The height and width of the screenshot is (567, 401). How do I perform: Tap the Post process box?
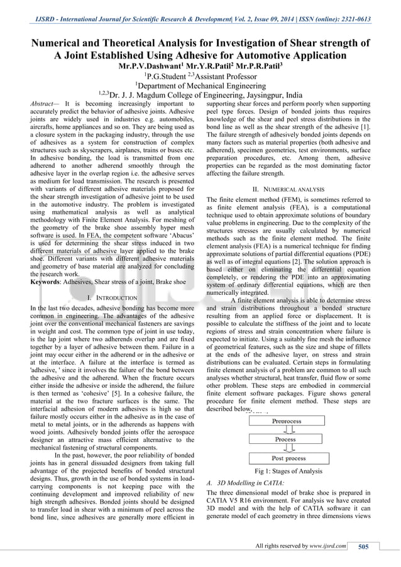pyautogui.click(x=287, y=458)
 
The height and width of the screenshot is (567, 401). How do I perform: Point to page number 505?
pyautogui.click(x=363, y=547)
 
